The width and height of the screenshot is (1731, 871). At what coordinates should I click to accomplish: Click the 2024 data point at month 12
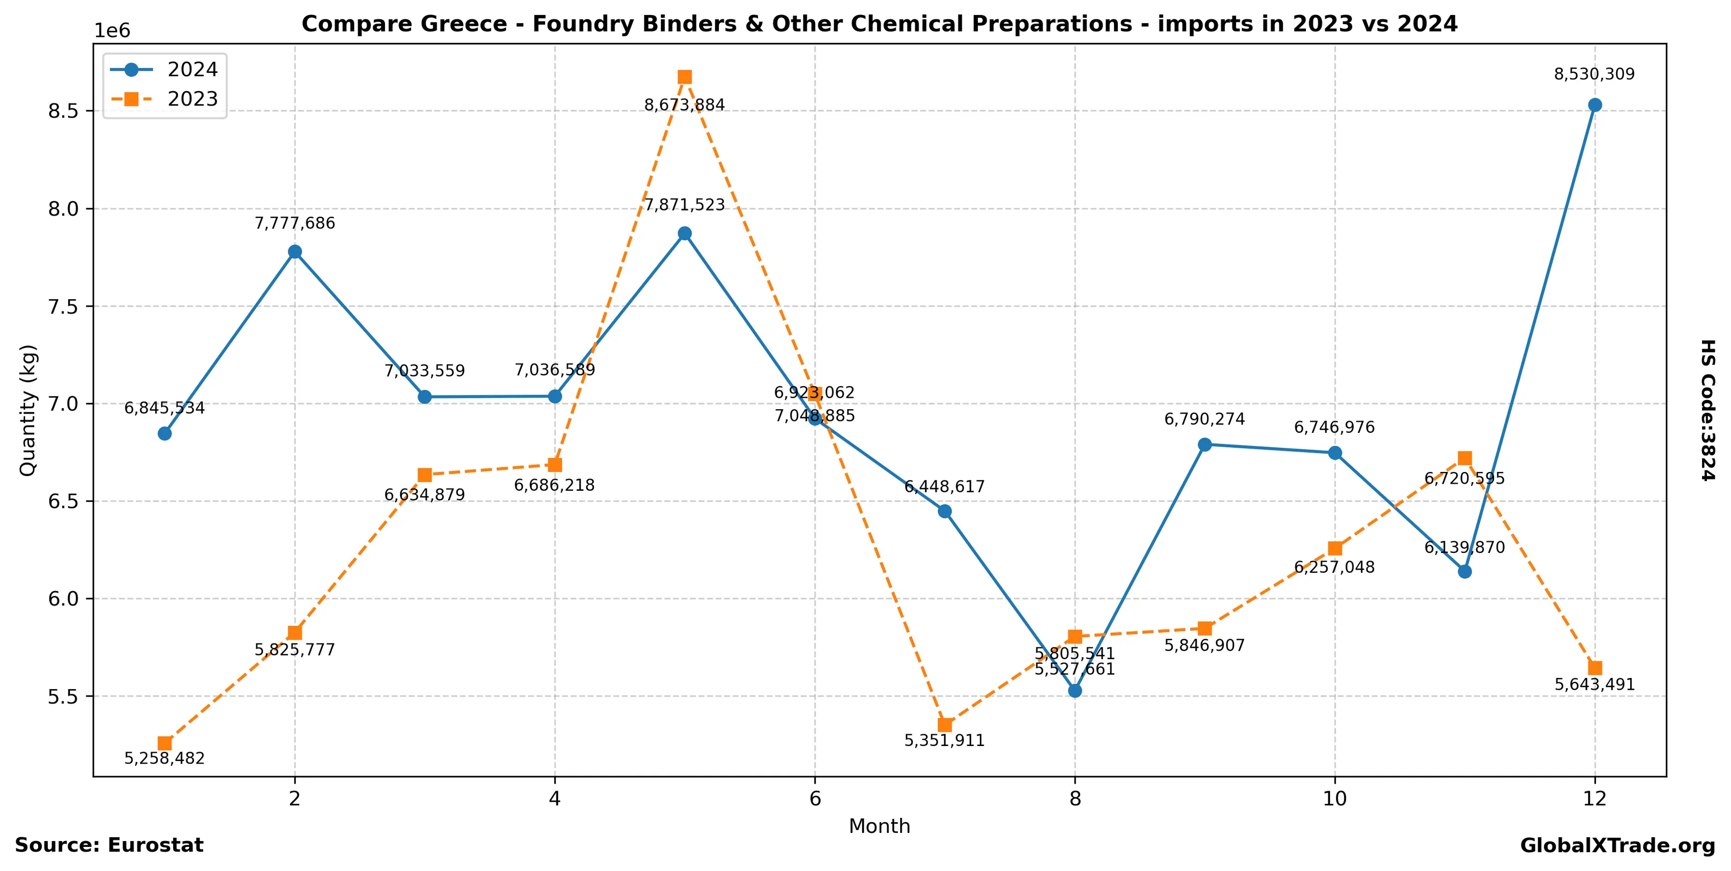pyautogui.click(x=1595, y=105)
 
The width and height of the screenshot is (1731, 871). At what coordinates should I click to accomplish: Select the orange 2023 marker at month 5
pyautogui.click(x=685, y=77)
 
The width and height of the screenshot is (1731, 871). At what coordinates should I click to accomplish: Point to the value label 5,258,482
pyautogui.click(x=165, y=758)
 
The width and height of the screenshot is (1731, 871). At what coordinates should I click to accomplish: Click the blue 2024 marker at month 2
pyautogui.click(x=295, y=252)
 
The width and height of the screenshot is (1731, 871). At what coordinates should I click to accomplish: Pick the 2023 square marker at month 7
pyautogui.click(x=945, y=725)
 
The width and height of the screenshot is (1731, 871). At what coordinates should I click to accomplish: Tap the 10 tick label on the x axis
pyautogui.click(x=1334, y=799)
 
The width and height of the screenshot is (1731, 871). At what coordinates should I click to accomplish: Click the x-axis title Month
pyautogui.click(x=879, y=826)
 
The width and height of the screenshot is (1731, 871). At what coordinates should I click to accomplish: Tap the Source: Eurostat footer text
pyautogui.click(x=109, y=845)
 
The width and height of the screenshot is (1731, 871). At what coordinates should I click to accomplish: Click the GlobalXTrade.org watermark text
pyautogui.click(x=1617, y=845)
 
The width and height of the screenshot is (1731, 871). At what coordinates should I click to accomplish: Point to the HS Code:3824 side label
pyautogui.click(x=1708, y=410)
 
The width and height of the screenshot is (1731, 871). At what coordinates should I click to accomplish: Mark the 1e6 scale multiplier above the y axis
pyautogui.click(x=112, y=31)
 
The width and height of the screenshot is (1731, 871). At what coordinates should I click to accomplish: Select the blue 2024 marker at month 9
pyautogui.click(x=1205, y=444)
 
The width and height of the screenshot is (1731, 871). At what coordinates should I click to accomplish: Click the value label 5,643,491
pyautogui.click(x=1595, y=684)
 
